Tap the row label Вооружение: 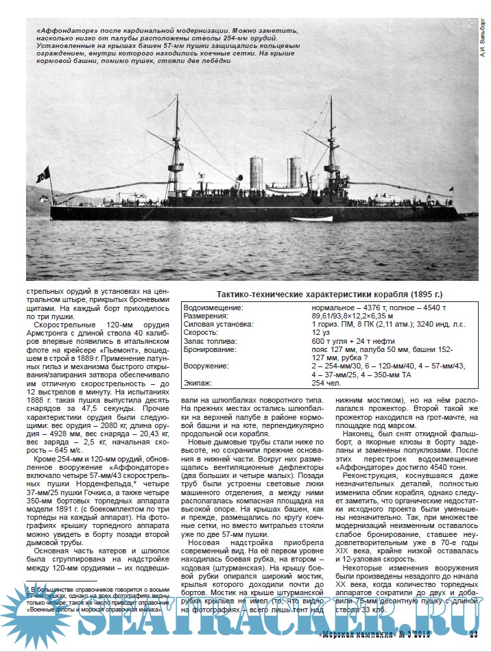[x=208, y=366]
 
